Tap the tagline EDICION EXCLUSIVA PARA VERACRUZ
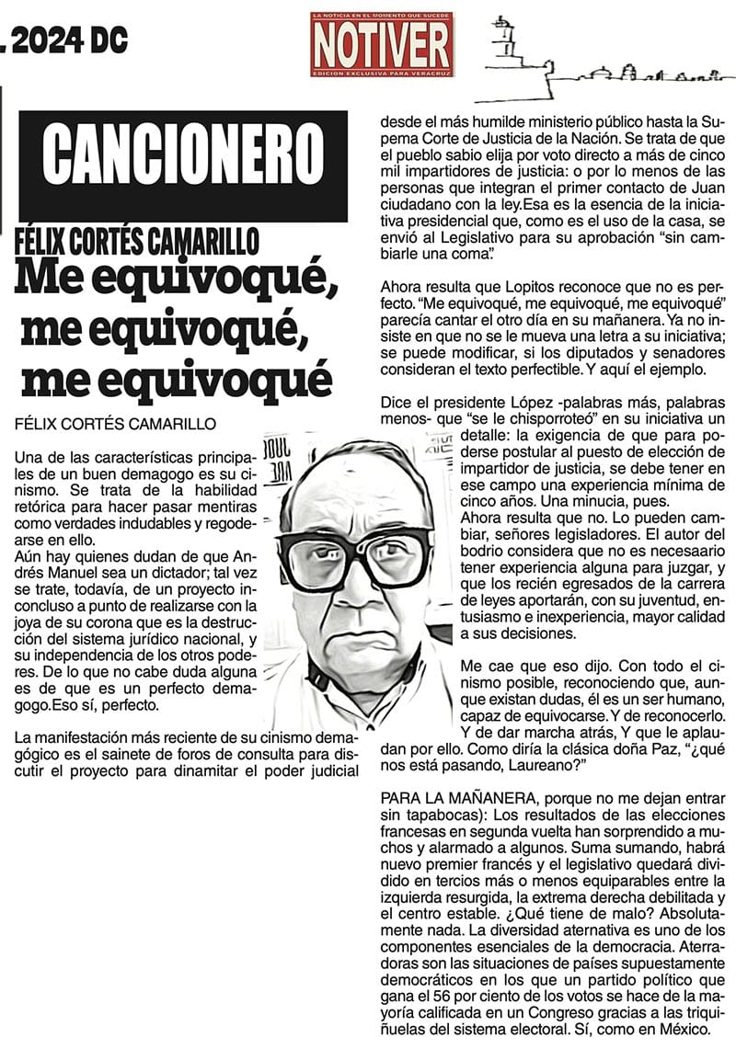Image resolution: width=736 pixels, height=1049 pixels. click(x=381, y=71)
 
